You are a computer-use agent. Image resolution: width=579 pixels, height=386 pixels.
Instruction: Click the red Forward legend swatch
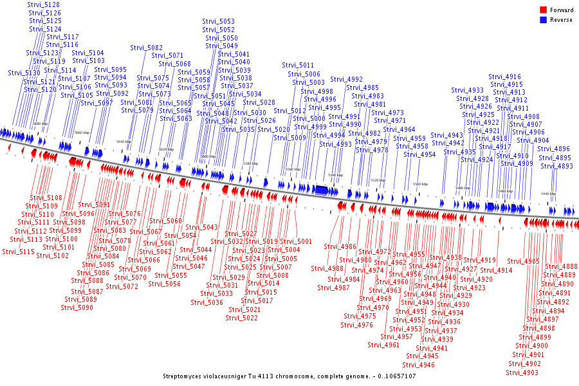click(x=543, y=10)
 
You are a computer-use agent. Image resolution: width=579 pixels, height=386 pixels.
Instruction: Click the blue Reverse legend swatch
click(x=543, y=20)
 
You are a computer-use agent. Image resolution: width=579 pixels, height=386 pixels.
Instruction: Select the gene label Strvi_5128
click(x=44, y=5)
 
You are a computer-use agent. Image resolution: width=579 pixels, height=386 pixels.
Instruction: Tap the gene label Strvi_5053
click(x=219, y=21)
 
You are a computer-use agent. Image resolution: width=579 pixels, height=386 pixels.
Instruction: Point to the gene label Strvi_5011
click(x=298, y=65)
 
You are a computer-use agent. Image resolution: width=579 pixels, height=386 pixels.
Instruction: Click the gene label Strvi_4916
click(x=505, y=77)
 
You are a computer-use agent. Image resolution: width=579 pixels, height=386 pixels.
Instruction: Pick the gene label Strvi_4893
click(x=556, y=166)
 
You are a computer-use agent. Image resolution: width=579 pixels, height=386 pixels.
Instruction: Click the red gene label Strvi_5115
click(x=19, y=252)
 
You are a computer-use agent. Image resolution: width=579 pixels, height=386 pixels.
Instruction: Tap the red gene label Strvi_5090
click(x=77, y=307)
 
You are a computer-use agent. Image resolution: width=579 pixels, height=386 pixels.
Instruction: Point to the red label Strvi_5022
click(x=242, y=318)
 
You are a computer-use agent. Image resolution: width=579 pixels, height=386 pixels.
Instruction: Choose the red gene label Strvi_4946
click(x=418, y=365)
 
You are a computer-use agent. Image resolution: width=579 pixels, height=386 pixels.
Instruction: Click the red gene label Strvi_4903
click(x=522, y=372)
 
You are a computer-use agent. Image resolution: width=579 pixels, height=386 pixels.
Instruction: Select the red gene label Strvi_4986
click(x=340, y=246)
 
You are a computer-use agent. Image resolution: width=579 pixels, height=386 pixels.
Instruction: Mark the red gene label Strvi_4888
click(x=561, y=266)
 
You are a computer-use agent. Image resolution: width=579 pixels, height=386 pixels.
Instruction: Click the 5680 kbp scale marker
click(x=40, y=124)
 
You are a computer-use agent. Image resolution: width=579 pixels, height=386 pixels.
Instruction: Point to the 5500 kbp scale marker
click(x=420, y=184)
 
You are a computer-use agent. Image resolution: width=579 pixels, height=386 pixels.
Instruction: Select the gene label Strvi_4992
click(x=346, y=79)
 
